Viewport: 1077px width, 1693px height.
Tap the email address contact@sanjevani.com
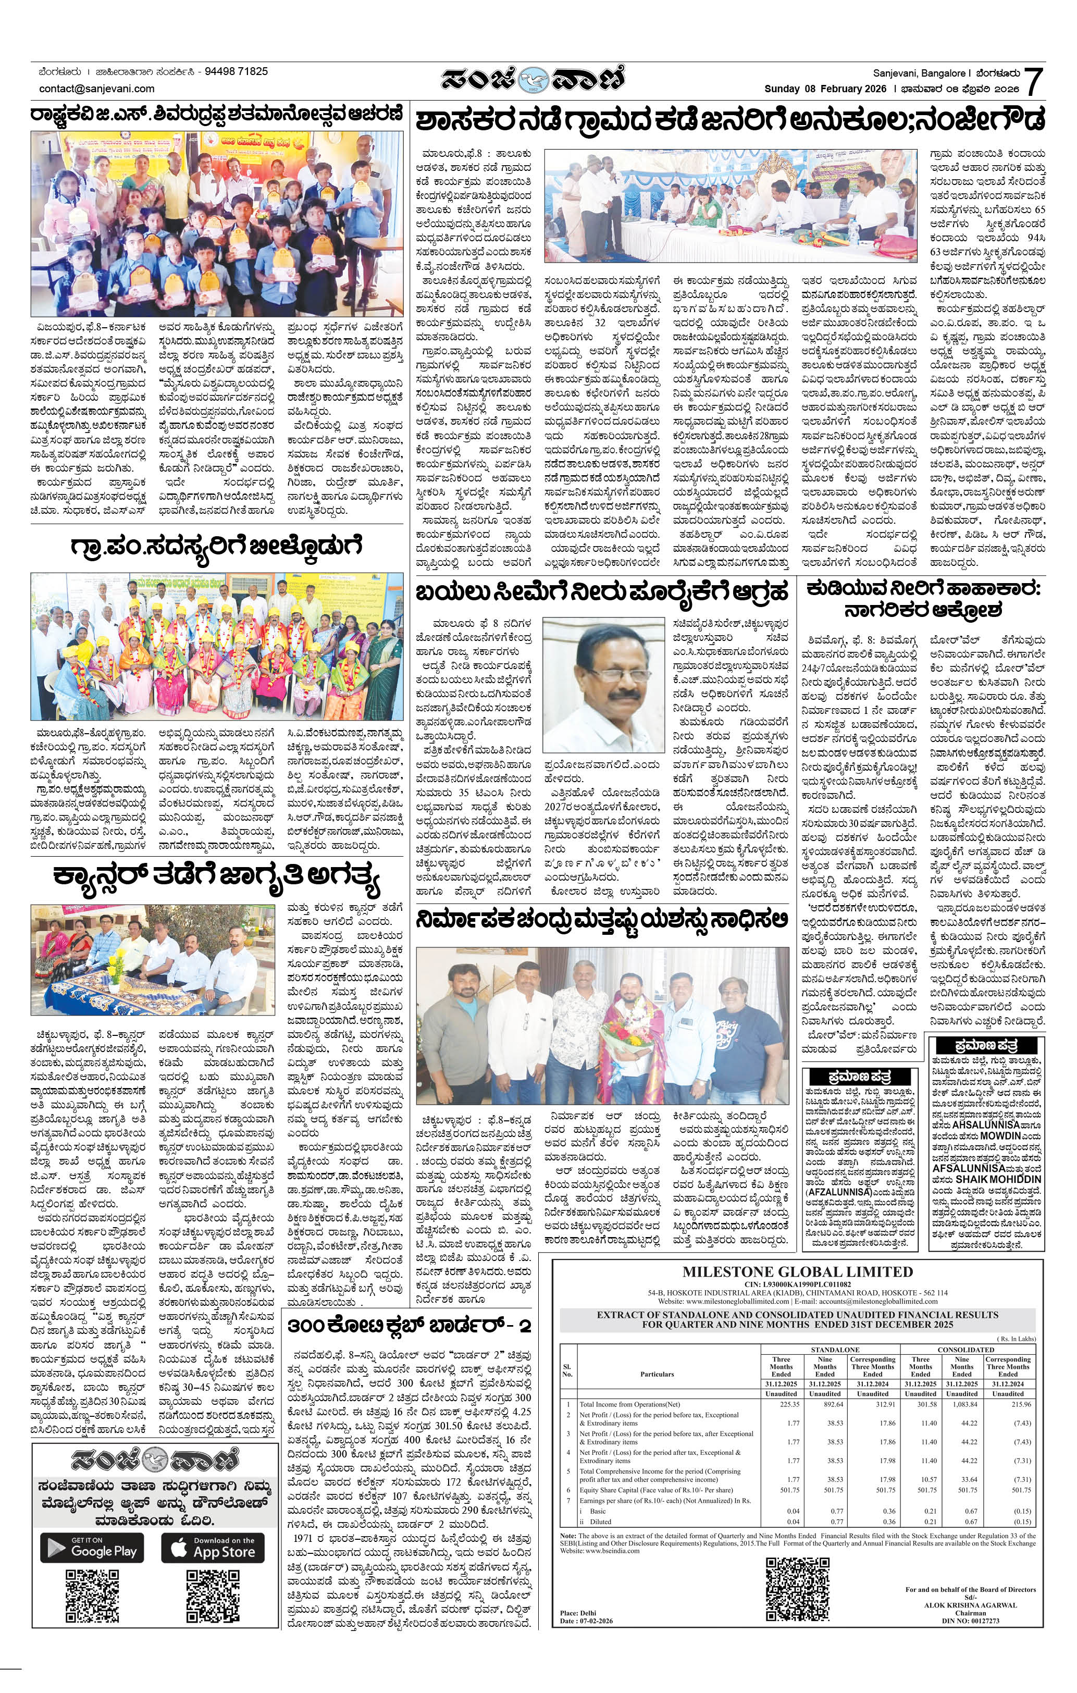pos(96,89)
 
